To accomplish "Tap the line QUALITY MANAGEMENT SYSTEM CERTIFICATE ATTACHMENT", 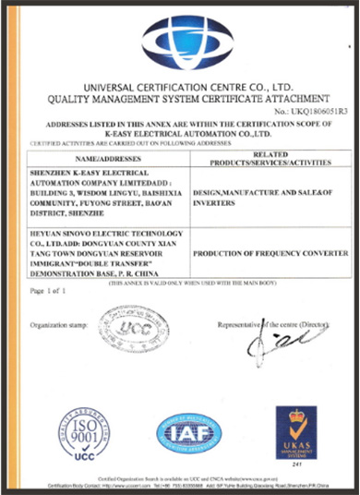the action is tap(181, 98).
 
